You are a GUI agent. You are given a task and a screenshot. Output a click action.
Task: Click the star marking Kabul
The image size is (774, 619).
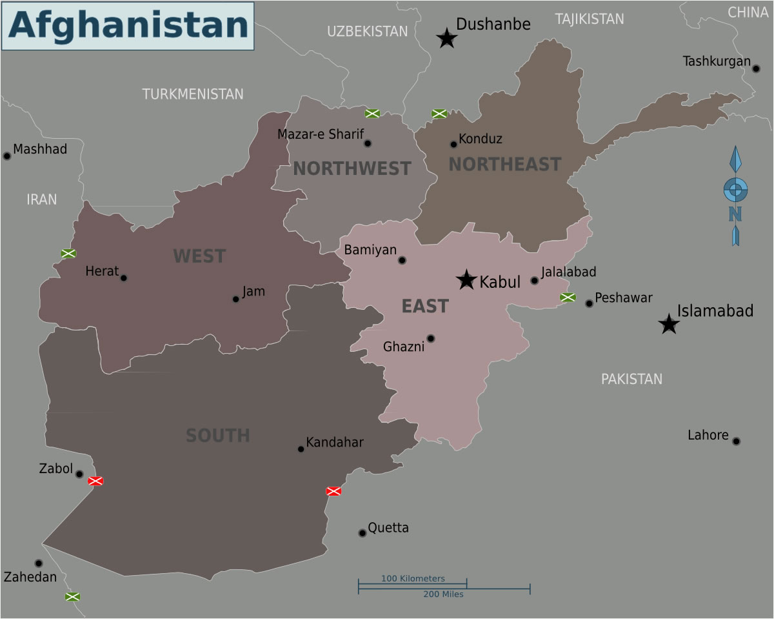(x=466, y=279)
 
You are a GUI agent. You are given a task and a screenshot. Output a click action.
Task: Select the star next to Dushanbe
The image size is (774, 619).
(x=446, y=38)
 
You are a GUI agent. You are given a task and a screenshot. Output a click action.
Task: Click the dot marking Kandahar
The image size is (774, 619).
(x=301, y=449)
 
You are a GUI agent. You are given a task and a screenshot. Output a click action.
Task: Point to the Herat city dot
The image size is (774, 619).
(x=124, y=278)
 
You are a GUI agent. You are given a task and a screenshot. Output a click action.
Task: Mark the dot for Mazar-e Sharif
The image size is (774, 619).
(x=368, y=143)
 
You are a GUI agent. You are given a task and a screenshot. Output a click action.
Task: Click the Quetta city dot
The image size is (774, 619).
(x=362, y=533)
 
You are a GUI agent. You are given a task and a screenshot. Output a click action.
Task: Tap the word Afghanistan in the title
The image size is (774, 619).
(x=129, y=25)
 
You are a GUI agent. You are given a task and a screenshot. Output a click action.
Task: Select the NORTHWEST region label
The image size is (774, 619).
(x=352, y=168)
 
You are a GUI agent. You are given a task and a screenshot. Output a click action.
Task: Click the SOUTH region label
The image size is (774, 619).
(x=217, y=436)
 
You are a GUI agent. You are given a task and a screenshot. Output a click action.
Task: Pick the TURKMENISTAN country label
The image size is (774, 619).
(x=193, y=94)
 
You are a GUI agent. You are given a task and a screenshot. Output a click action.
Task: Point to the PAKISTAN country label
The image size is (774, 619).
(x=631, y=379)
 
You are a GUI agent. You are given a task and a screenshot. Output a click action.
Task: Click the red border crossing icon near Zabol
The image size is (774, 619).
(x=95, y=480)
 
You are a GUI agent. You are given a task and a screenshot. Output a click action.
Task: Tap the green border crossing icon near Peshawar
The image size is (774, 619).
(x=568, y=297)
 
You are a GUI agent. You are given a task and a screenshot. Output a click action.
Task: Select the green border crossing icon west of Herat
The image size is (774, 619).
(x=68, y=253)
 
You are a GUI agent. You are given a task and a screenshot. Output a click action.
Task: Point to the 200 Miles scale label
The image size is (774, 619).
(x=443, y=594)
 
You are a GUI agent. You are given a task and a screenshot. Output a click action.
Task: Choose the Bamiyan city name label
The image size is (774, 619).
(x=370, y=250)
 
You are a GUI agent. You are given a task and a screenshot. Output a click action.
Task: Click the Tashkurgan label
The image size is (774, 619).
(x=717, y=61)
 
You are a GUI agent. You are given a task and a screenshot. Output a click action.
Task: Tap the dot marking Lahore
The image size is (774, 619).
(x=736, y=441)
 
